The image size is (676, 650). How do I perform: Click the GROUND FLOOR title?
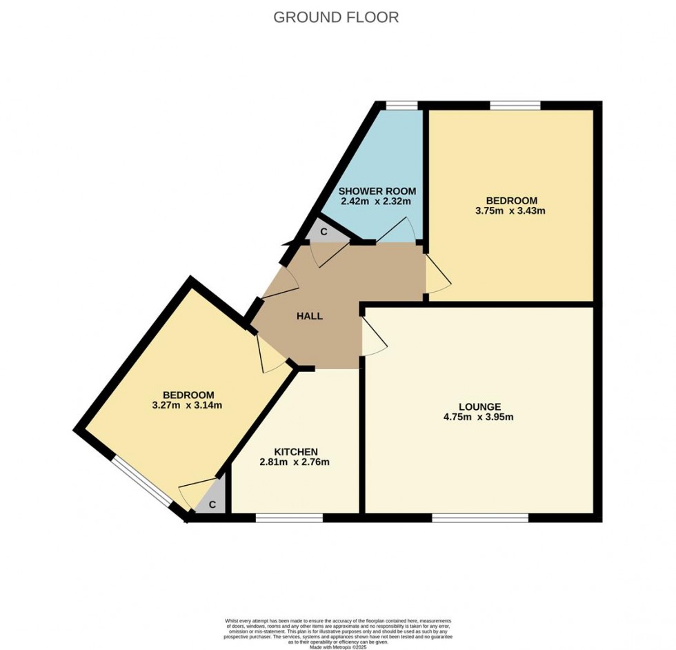[x=336, y=17]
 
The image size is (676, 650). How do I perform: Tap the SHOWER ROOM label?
[x=376, y=190]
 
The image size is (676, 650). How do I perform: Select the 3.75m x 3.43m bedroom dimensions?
[x=511, y=210]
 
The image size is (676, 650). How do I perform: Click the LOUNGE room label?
[x=479, y=406]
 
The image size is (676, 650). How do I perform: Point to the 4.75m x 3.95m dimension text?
[x=479, y=417]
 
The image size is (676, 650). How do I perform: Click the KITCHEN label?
[x=295, y=451]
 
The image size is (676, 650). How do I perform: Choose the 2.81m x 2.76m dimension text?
[x=295, y=462]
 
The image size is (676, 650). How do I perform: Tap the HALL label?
[x=310, y=316]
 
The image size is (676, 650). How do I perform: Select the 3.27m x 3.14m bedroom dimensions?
[x=188, y=405]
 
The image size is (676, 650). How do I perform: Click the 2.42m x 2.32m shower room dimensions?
[x=376, y=201]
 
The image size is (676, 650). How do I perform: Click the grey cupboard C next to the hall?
[x=323, y=233]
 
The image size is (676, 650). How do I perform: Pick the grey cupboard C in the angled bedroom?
[x=212, y=504]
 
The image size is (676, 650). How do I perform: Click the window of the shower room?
[x=401, y=106]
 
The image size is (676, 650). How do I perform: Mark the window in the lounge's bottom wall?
[x=480, y=517]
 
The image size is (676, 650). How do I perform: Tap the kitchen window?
[x=289, y=517]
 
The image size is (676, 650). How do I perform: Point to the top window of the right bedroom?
[x=515, y=106]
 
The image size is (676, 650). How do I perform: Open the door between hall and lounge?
[x=372, y=339]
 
